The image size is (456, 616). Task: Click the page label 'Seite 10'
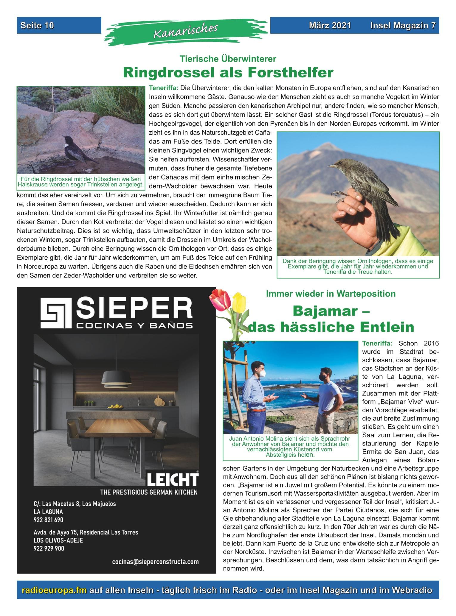[37, 25]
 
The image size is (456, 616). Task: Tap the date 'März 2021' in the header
[330, 25]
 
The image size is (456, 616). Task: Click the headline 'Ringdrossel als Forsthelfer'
[228, 72]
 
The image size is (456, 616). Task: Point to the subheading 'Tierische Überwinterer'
[228, 59]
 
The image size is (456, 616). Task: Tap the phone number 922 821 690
[48, 520]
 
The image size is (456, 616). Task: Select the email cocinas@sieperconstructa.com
[155, 562]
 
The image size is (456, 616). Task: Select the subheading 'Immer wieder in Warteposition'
[331, 294]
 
